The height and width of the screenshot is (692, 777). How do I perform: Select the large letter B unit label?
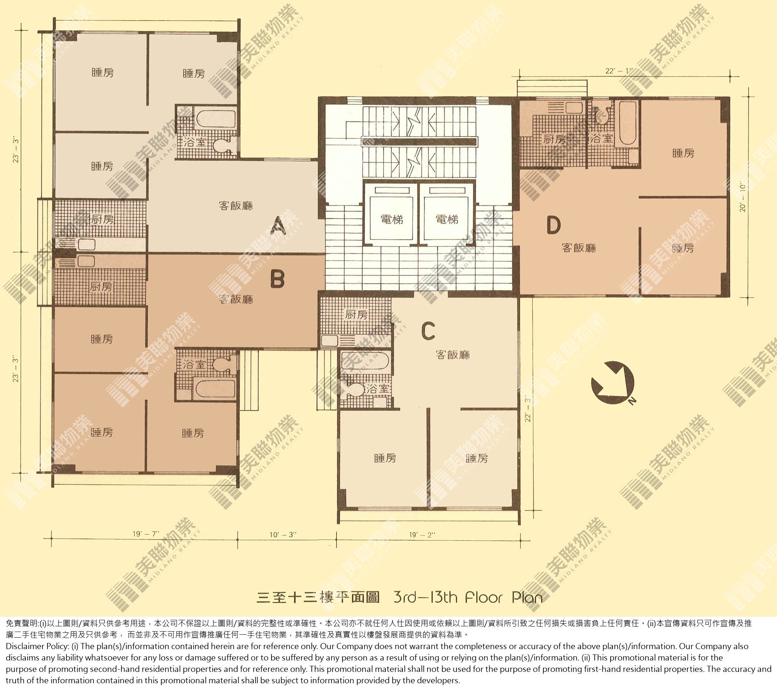pos(277,279)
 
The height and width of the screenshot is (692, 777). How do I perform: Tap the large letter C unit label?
pos(428,331)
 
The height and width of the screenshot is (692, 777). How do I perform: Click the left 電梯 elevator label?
pos(392,220)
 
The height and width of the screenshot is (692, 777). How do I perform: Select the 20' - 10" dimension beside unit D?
pos(743,196)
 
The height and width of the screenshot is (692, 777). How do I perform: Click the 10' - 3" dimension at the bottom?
pos(283,535)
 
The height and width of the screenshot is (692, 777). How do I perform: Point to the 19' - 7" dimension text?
pos(146,534)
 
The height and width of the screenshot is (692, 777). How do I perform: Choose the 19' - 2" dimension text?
pos(422,535)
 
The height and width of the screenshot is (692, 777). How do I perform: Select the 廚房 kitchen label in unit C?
pos(356,315)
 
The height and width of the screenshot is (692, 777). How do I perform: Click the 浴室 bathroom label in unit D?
pos(601,138)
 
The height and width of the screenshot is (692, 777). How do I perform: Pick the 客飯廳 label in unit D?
pos(578,248)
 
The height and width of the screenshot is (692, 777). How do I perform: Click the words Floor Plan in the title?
pos(504,597)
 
